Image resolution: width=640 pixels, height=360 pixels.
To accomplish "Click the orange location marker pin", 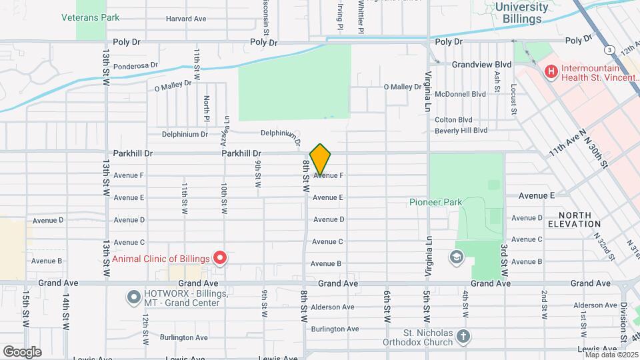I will (321, 159).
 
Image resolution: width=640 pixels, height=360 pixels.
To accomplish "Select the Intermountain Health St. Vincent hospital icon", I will (551, 71).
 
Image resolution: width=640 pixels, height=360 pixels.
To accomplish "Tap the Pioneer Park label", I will (434, 201).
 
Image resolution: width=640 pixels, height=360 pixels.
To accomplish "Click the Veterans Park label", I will (91, 17).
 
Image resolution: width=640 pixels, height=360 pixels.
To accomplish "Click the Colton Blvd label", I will (453, 119).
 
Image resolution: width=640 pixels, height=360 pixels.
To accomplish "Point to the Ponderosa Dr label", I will (135, 65).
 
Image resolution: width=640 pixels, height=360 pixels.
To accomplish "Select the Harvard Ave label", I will (186, 19).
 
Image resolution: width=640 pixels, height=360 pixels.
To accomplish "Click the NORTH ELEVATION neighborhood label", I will (579, 219).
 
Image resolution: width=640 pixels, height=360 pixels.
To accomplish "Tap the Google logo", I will (22, 351).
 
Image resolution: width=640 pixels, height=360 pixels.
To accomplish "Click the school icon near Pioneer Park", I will (457, 257).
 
